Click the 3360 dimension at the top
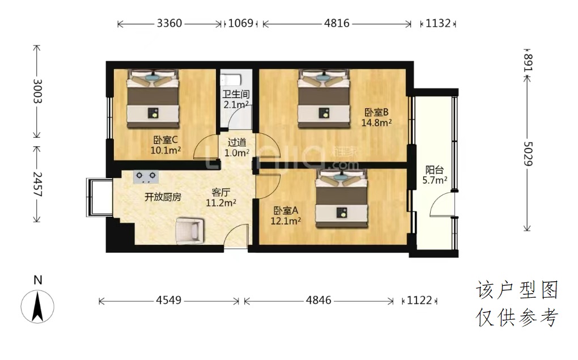(169, 23)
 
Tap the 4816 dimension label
(337, 23)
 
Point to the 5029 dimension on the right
(528, 154)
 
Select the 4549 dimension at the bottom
(168, 300)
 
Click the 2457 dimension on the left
(37, 184)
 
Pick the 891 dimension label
(528, 62)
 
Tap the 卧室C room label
(165, 140)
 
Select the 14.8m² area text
(376, 122)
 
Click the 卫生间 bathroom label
(236, 94)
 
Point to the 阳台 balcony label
(434, 170)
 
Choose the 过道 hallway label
(237, 142)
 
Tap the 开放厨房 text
(163, 197)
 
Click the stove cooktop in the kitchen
(146, 177)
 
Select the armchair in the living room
(190, 231)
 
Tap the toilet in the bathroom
(231, 80)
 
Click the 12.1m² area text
(286, 221)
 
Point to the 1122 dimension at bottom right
(419, 300)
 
